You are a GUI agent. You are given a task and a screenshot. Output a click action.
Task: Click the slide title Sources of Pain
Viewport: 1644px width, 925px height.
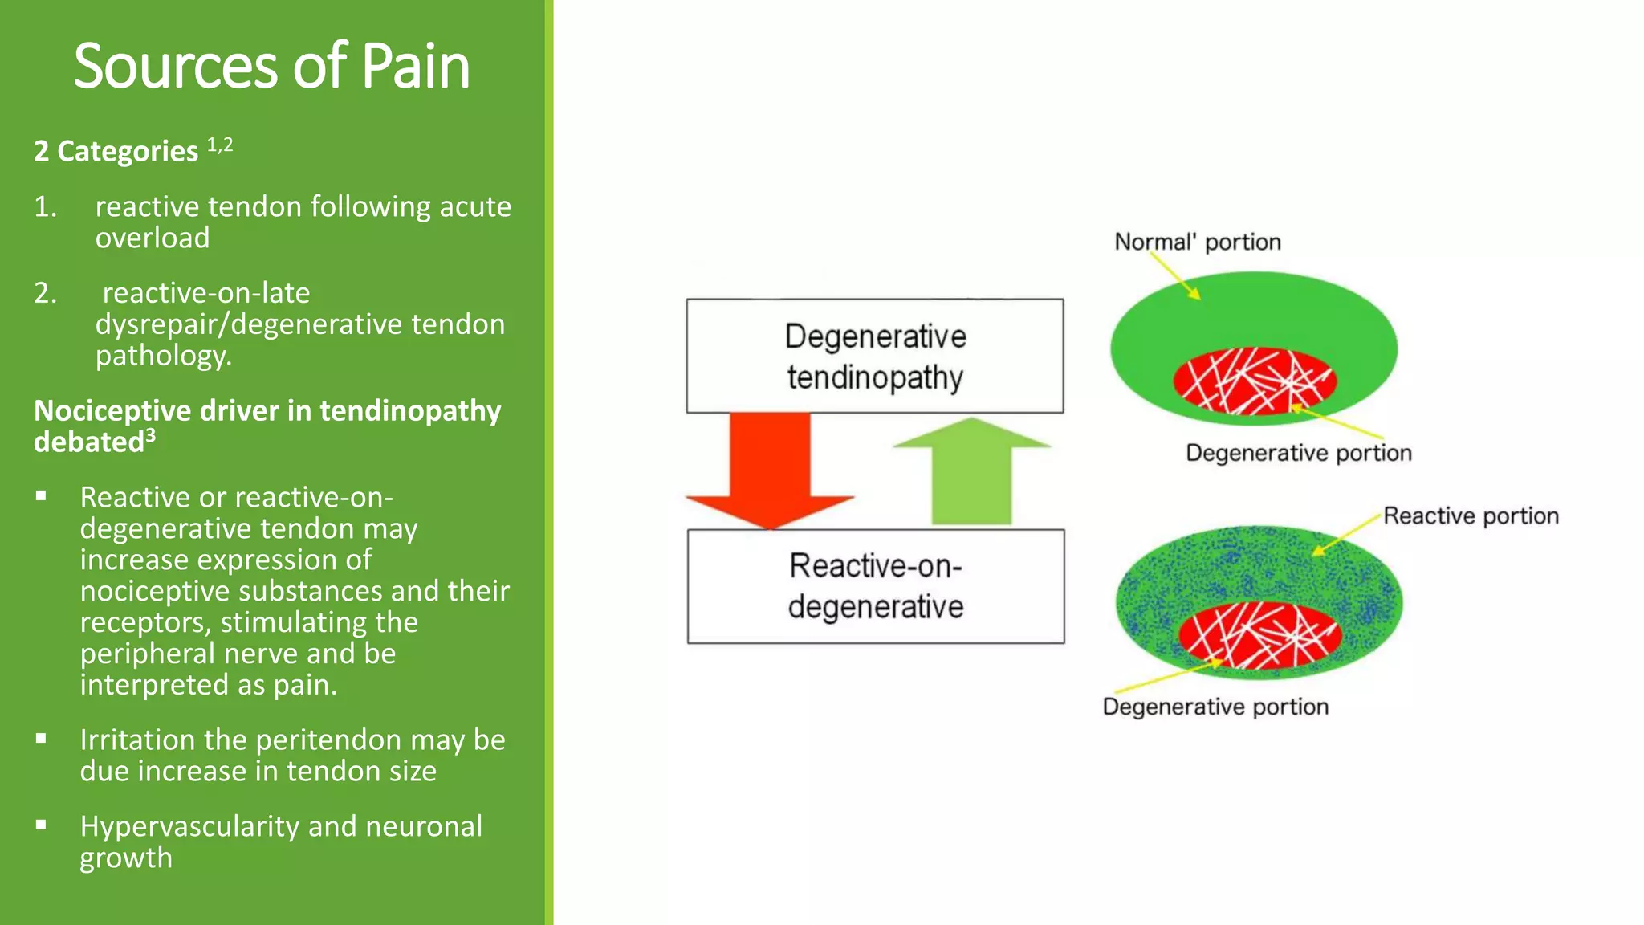pos(271,66)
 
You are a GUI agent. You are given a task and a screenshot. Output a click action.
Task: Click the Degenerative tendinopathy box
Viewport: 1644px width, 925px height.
pos(875,357)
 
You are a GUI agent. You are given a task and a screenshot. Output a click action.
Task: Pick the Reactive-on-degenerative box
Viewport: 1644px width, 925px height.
pos(876,586)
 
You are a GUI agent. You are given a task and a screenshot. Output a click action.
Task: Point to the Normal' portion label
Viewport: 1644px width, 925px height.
pos(1197,242)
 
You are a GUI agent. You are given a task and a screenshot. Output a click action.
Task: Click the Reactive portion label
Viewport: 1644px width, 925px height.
pos(1471,515)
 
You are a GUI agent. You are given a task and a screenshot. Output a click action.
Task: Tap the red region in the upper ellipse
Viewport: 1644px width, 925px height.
pos(1254,381)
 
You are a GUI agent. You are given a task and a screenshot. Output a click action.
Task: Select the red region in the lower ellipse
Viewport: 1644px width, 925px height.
pos(1259,635)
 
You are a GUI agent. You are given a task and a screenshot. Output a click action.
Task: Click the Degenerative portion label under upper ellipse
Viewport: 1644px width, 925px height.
pos(1298,453)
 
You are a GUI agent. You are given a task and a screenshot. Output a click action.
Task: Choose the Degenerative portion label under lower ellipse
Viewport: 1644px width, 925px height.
pos(1215,707)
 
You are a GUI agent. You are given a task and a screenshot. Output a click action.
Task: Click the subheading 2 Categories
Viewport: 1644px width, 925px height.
pos(116,151)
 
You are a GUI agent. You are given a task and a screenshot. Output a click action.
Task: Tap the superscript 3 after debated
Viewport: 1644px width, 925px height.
pos(150,434)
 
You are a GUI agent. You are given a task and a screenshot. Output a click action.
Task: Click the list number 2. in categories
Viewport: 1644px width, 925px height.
pos(45,293)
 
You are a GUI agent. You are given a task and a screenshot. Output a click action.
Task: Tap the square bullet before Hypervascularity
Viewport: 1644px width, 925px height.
pos(41,825)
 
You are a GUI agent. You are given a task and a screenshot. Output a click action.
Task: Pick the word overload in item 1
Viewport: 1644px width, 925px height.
pos(153,238)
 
